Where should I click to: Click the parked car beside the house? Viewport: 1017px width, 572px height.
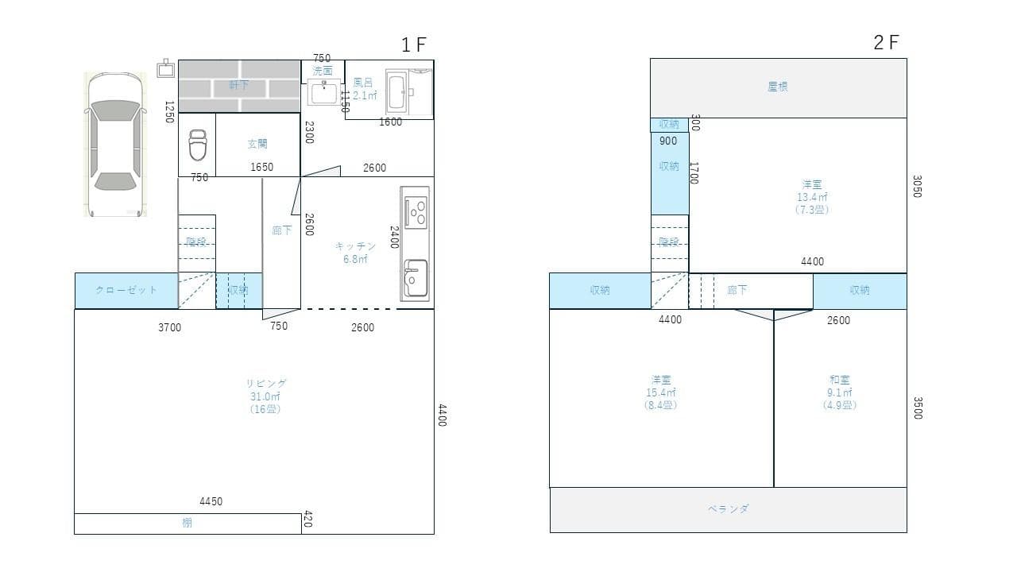pos(115,145)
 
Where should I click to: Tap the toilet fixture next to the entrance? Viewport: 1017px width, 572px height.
pos(197,146)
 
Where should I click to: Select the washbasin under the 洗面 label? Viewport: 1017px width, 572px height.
pos(324,92)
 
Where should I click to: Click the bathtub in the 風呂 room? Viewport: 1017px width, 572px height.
pos(398,93)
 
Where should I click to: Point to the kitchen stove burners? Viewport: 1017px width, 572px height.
pos(416,212)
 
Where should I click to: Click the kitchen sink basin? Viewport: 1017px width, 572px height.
pos(415,278)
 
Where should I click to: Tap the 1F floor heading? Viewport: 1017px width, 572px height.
pos(414,44)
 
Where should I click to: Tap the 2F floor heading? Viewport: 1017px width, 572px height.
pos(886,43)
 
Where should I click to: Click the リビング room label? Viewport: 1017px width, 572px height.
pos(267,383)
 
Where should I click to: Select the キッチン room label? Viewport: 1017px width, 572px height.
pos(355,246)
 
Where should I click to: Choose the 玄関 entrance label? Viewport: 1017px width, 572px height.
pos(257,144)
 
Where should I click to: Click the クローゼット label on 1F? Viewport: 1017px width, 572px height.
pos(126,290)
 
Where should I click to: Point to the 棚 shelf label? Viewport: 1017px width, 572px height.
pos(187,524)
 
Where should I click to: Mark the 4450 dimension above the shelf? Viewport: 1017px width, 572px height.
pos(211,501)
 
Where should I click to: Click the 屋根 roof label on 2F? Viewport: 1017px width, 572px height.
pos(778,87)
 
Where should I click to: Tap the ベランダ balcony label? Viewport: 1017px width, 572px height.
pos(728,509)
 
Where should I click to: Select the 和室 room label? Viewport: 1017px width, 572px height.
pos(840,380)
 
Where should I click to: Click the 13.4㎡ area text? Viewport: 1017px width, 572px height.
pos(812,197)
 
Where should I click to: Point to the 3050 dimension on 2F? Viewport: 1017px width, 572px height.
pos(916,187)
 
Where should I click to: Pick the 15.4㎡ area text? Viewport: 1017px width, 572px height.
pos(660,392)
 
